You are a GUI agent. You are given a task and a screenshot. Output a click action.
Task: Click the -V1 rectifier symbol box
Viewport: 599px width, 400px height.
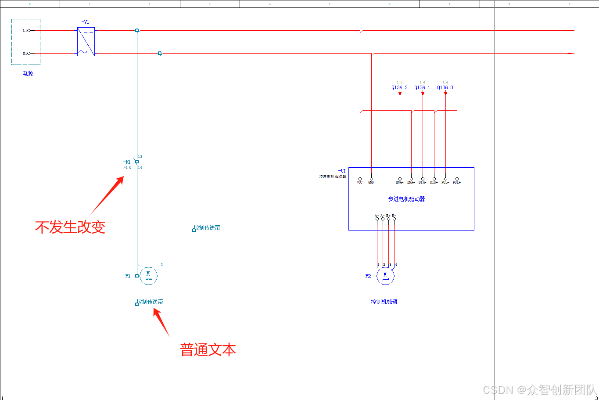(x=86, y=42)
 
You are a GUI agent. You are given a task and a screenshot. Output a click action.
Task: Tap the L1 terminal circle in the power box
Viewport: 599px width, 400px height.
(x=29, y=31)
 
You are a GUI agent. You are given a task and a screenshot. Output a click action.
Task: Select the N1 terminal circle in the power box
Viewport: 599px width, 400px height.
(x=29, y=54)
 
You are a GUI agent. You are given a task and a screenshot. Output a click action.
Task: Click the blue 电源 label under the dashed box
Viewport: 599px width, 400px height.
(x=28, y=73)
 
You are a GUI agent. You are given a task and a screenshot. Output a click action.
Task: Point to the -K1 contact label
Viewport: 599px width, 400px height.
(x=127, y=162)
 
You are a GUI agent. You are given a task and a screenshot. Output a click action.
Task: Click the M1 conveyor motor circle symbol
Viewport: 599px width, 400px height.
(x=148, y=276)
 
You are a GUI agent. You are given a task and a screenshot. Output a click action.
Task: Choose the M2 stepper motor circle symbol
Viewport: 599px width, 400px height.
(x=385, y=276)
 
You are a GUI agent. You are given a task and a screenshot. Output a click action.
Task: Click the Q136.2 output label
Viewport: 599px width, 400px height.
(x=399, y=87)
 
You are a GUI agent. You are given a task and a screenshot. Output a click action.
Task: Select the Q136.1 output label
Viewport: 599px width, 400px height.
(x=422, y=87)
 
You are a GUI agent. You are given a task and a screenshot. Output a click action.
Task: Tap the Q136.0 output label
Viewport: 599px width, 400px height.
(x=445, y=87)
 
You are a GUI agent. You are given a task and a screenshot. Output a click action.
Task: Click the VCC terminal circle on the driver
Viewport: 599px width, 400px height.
(x=360, y=179)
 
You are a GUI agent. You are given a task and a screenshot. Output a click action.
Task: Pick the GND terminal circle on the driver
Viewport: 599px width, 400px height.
(x=371, y=179)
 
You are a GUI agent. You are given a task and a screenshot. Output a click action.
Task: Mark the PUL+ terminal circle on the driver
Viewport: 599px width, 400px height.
(x=457, y=179)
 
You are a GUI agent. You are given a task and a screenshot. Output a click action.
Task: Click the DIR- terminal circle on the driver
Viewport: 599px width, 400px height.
(x=423, y=179)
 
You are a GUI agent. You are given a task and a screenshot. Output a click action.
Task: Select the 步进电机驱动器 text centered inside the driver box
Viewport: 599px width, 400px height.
(x=406, y=199)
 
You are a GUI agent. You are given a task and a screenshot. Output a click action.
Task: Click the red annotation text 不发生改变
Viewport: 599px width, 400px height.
(x=70, y=227)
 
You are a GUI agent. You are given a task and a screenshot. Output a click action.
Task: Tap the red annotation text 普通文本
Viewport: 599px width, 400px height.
(x=208, y=350)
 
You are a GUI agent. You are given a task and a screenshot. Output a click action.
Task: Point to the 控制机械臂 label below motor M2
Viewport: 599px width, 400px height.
(x=384, y=302)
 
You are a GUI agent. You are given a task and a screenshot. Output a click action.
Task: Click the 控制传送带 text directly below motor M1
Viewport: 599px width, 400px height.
(x=150, y=302)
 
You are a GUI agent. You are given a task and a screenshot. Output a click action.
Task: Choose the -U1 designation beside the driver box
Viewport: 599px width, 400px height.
(x=342, y=170)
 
